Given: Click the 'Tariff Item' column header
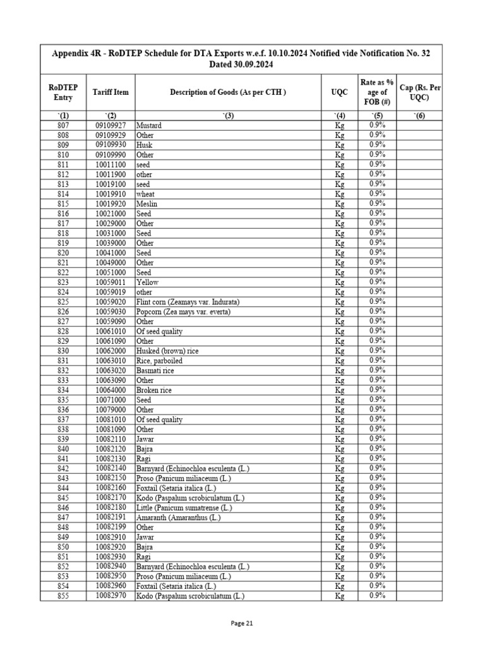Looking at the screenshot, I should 111,92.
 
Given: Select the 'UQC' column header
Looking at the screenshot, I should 339,92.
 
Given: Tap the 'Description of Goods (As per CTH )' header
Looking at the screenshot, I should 228,92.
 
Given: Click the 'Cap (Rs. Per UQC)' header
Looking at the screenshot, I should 420,92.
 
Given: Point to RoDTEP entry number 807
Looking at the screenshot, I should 64,125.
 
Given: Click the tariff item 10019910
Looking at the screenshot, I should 111,194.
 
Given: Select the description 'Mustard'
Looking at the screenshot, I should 149,125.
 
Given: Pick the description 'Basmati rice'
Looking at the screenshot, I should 155,370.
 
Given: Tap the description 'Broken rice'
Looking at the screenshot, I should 153,390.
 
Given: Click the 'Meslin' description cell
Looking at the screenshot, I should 147,204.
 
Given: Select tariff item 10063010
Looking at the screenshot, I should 111,361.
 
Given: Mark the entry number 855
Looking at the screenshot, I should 64,595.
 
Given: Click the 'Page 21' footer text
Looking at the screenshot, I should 242,623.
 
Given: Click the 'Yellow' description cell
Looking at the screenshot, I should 148,282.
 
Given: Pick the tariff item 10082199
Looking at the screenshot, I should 111,527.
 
